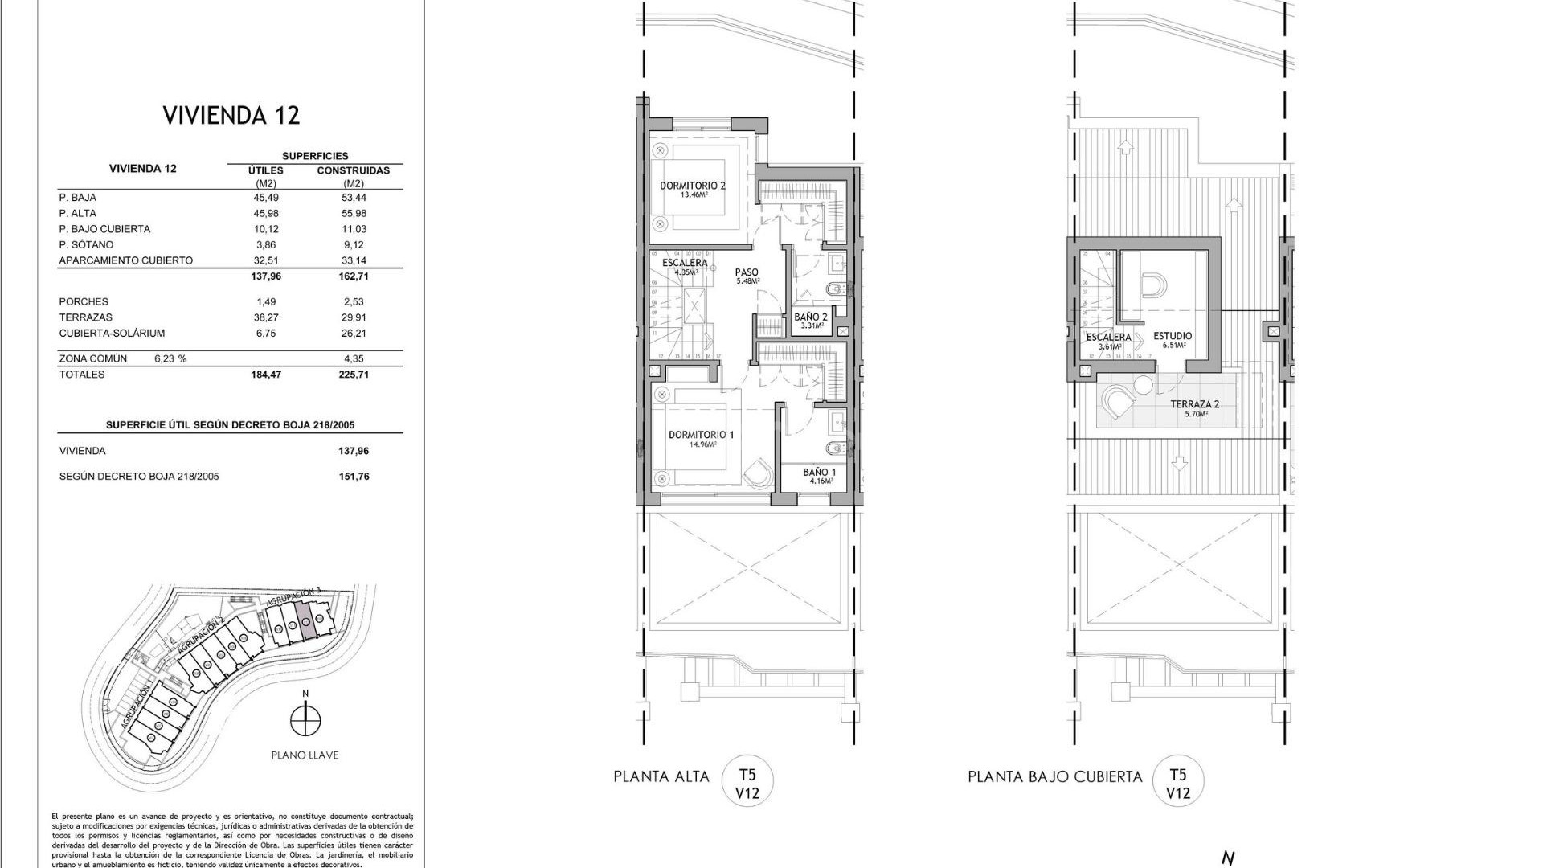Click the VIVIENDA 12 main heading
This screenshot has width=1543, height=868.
coord(231,115)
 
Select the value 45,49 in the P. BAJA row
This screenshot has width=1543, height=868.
coord(266,198)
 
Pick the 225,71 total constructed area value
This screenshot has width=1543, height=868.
coord(354,375)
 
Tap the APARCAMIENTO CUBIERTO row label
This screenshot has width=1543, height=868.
coord(126,260)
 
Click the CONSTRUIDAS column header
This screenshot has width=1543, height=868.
coord(354,170)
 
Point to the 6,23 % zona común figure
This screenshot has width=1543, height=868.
coord(170,359)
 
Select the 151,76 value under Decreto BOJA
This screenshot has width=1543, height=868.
coord(354,477)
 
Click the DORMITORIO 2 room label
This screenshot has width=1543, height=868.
coord(693,186)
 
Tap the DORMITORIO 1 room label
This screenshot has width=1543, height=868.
coord(701,435)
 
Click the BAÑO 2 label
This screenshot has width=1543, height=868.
coord(811,317)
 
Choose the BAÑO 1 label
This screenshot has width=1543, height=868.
coord(820,473)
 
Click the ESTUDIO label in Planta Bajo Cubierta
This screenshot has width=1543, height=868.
coord(1173,336)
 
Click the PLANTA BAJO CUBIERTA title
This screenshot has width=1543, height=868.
coord(1054,777)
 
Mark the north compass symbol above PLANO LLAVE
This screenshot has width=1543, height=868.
coord(305,719)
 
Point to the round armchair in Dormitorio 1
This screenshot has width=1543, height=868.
coord(756,474)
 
